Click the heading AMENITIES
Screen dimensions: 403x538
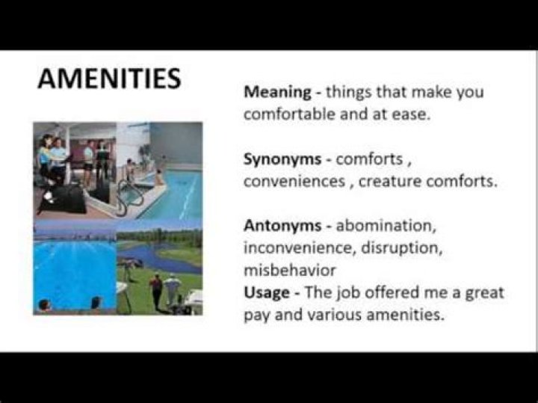(x=109, y=79)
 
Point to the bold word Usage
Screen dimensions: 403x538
(x=265, y=292)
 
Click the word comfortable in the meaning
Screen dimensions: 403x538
(x=290, y=115)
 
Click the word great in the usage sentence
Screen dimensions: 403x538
(x=485, y=292)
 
